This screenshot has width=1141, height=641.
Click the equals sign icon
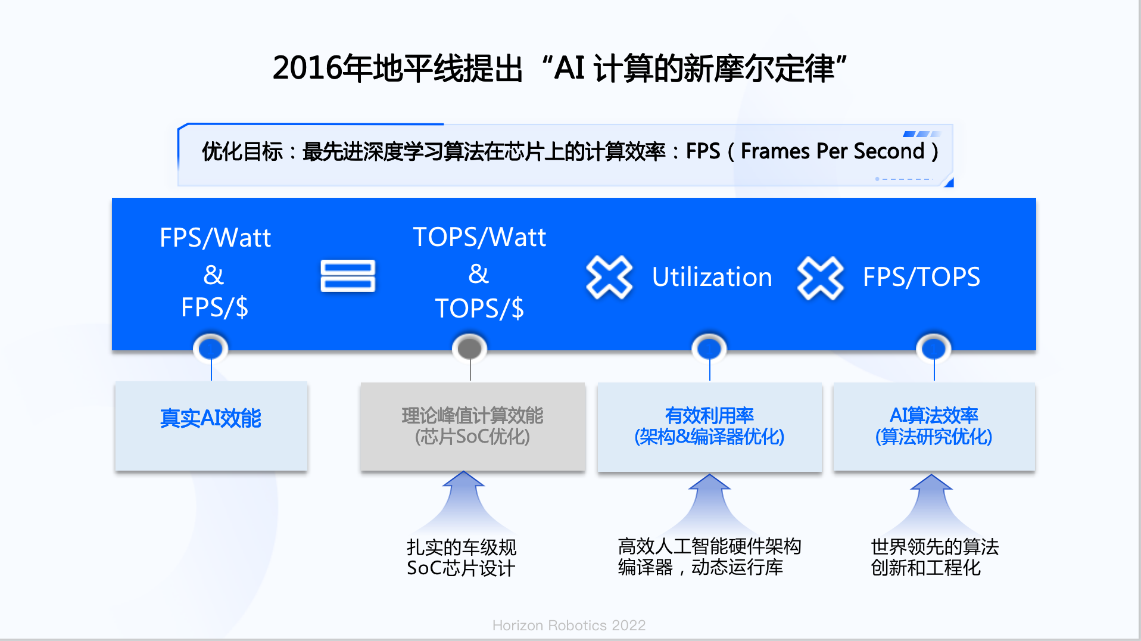[x=348, y=276]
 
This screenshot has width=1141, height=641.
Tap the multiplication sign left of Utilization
[x=609, y=277]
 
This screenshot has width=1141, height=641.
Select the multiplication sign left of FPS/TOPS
[x=821, y=278]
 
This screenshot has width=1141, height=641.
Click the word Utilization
[x=712, y=277]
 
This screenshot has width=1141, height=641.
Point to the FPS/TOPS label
[x=921, y=277]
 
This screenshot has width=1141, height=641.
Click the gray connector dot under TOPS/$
[x=470, y=348]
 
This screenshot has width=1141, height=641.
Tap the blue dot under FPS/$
[x=211, y=348]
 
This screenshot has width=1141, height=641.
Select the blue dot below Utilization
[x=709, y=348]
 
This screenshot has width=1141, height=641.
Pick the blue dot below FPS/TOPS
[x=934, y=348]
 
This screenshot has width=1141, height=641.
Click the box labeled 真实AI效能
[x=211, y=426]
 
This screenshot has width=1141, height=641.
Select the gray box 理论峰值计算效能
[x=473, y=427]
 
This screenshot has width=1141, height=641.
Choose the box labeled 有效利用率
[x=710, y=427]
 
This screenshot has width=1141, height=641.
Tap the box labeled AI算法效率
[x=934, y=427]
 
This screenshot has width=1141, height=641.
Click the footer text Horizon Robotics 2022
[x=569, y=625]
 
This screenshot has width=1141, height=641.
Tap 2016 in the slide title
[x=307, y=67]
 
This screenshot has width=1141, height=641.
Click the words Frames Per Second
[x=833, y=151]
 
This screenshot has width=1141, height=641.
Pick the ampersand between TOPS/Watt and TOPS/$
[x=479, y=273]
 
